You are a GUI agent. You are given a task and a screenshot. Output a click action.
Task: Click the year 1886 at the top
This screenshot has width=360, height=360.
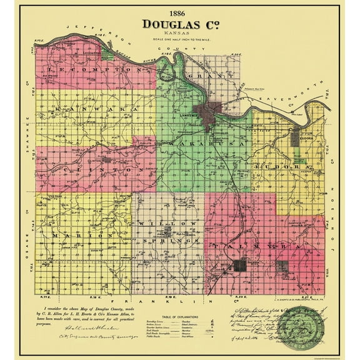point(179,12)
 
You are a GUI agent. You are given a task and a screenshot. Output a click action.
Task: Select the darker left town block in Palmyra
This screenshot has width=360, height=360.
point(240,266)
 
